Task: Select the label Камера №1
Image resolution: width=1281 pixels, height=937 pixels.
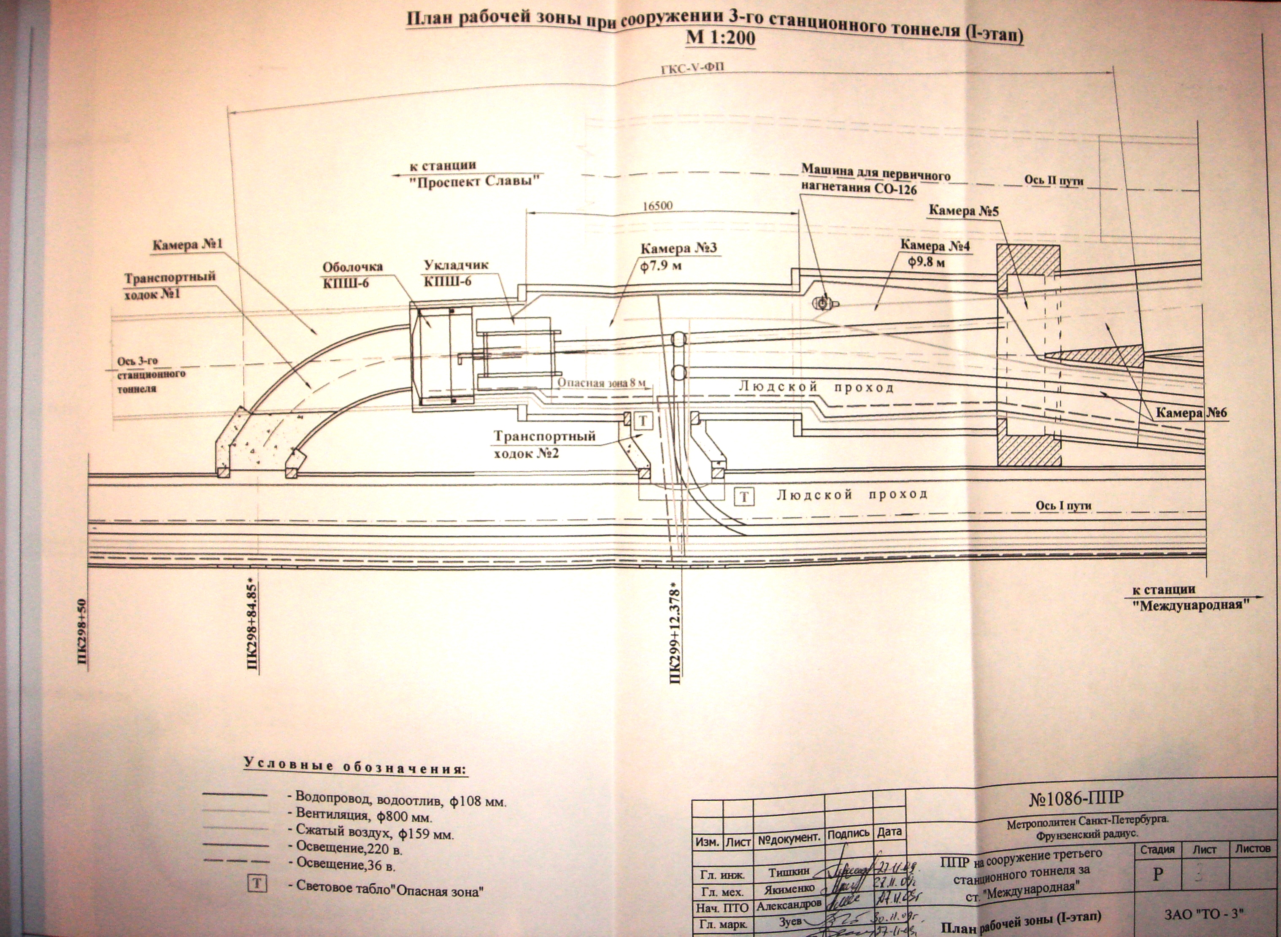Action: (188, 245)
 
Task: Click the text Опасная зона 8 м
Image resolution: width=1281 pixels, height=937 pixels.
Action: (601, 383)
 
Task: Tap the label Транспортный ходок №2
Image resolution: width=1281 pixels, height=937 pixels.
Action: (545, 445)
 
